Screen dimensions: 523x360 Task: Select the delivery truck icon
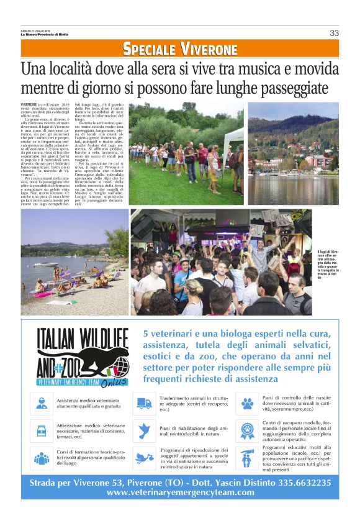145,403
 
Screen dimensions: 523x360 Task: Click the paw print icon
247,403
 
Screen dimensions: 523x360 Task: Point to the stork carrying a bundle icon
145,458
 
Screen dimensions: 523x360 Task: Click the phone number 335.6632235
298,483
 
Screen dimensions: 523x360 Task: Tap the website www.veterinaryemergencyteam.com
180,493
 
